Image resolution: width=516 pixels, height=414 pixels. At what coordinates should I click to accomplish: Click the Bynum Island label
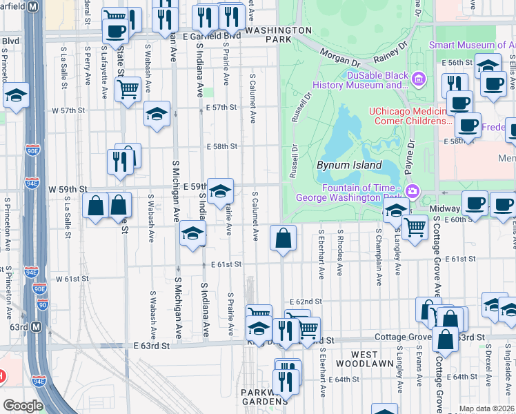(x=349, y=166)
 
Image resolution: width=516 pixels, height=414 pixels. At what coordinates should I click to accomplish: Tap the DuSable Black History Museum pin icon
(x=417, y=80)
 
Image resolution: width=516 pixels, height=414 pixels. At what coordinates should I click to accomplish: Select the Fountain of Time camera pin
(x=413, y=191)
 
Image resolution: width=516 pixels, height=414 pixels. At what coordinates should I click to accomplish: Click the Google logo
(x=22, y=405)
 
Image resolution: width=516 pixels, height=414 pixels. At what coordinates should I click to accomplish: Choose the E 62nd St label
(x=306, y=302)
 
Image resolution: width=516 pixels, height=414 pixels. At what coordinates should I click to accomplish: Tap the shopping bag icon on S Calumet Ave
(x=283, y=239)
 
